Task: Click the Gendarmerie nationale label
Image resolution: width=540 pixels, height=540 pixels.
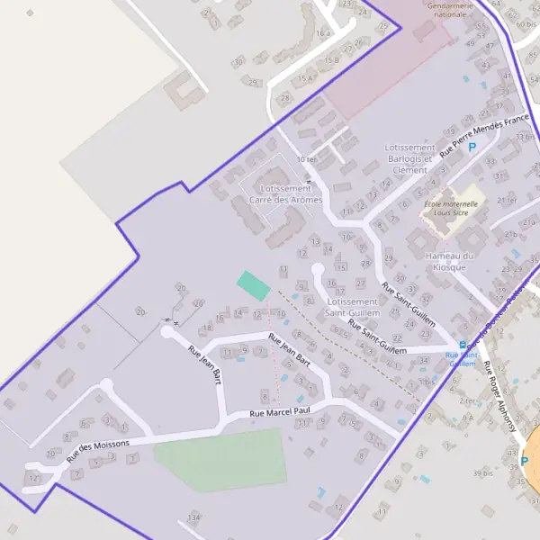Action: [450, 10]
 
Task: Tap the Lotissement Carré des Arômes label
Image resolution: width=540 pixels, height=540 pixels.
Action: [285, 194]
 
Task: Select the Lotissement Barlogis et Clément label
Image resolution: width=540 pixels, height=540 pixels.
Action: [409, 158]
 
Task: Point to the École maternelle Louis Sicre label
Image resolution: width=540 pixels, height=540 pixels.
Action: [454, 209]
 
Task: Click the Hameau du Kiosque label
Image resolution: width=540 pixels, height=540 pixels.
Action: [449, 261]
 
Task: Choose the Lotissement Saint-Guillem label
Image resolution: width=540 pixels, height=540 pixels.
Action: [352, 308]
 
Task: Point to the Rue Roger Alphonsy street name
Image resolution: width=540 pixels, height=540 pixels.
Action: [500, 396]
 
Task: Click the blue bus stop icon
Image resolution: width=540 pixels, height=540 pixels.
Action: [463, 344]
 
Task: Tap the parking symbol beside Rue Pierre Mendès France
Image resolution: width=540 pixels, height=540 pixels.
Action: [472, 146]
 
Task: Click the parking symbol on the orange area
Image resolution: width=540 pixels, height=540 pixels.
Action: [525, 461]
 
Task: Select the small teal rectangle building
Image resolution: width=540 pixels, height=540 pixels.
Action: [253, 285]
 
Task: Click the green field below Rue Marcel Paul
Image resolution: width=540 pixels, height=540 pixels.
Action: [220, 459]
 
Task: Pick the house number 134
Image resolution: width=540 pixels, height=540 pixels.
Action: [193, 517]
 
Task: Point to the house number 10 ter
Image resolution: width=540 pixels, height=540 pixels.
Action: [307, 159]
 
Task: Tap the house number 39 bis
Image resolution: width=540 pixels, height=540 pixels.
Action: [484, 472]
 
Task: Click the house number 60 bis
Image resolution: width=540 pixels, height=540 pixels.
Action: [526, 23]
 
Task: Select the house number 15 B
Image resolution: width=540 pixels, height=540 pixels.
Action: [332, 59]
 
